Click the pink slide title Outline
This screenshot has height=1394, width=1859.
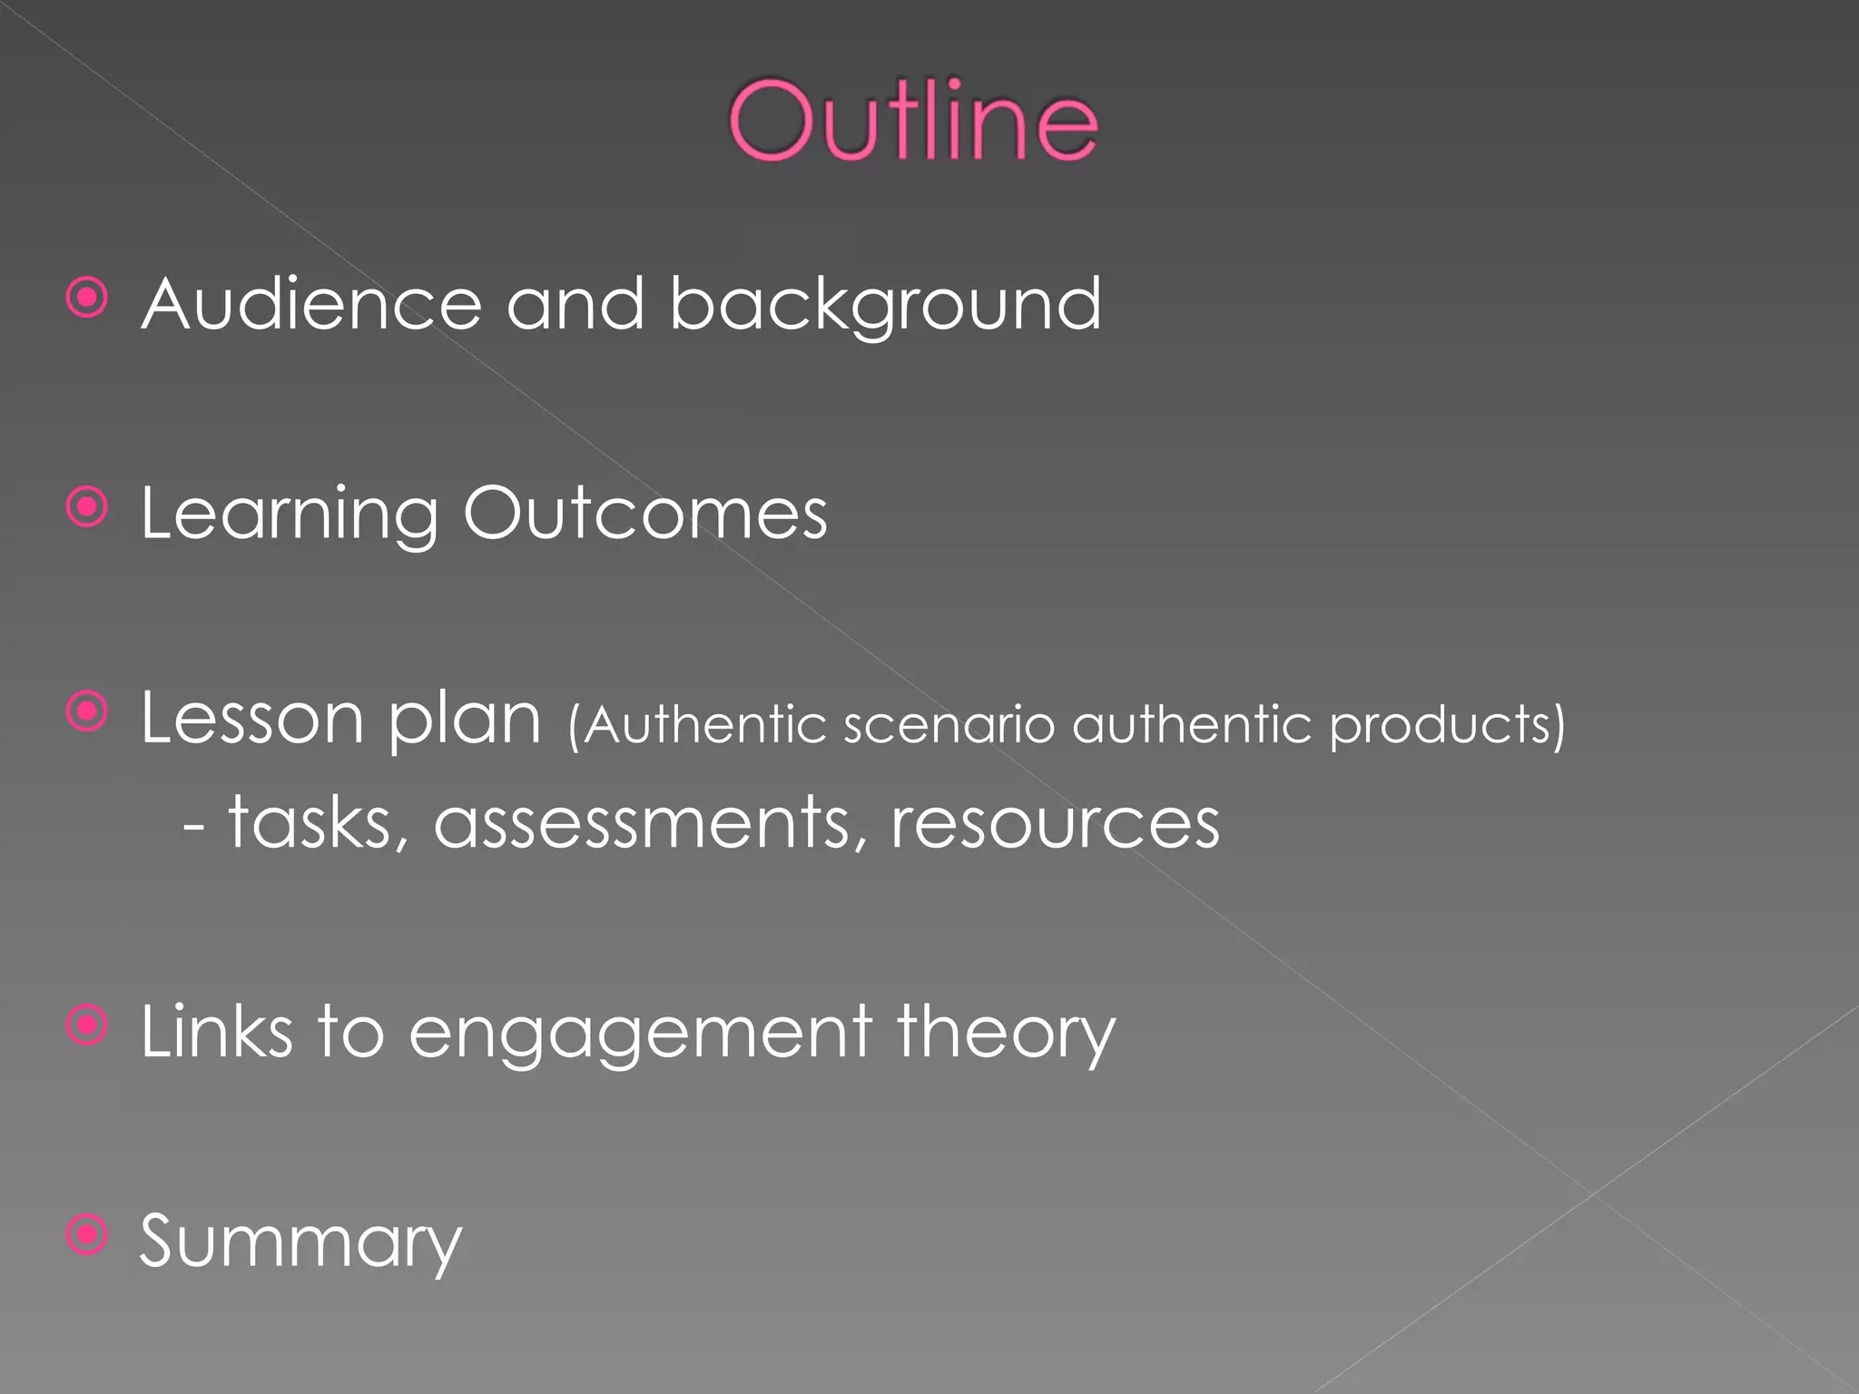click(x=913, y=121)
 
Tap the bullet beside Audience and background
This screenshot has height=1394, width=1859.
click(x=88, y=298)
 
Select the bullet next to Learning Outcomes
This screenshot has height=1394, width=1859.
click(x=88, y=508)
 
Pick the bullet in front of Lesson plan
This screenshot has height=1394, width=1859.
click(x=88, y=712)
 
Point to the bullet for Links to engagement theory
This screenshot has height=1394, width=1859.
click(x=88, y=1026)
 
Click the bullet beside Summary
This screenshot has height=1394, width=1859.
click(x=88, y=1235)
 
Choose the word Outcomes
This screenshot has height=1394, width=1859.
click(x=645, y=514)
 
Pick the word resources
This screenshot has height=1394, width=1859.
click(x=1055, y=824)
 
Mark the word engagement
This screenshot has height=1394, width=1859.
click(x=641, y=1035)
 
